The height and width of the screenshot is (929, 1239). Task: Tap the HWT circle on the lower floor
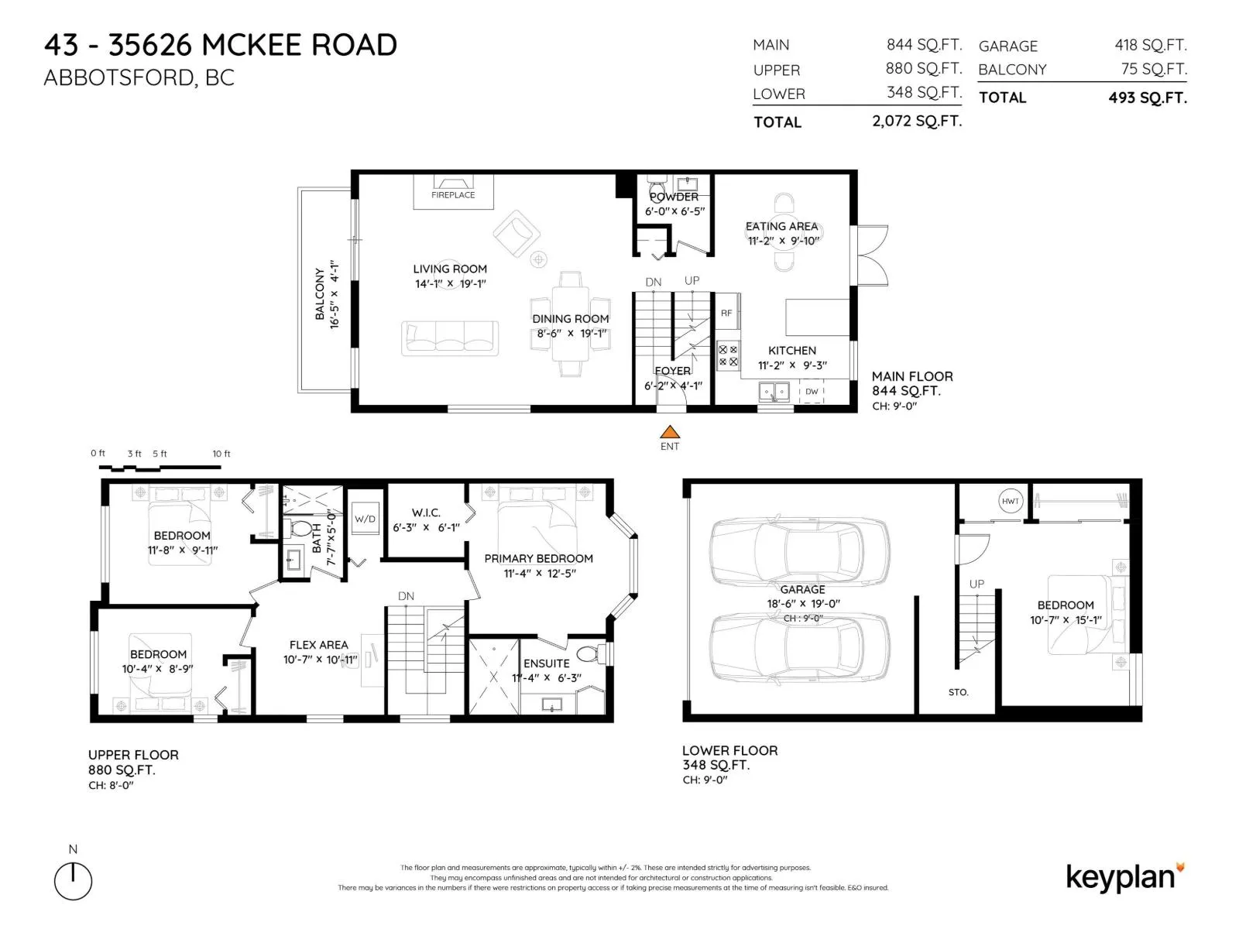(x=1010, y=501)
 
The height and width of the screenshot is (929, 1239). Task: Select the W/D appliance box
(x=365, y=519)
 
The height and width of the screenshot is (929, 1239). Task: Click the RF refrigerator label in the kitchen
(x=726, y=313)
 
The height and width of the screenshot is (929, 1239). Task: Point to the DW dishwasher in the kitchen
(x=811, y=391)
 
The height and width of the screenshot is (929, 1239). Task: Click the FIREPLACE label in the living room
(x=453, y=195)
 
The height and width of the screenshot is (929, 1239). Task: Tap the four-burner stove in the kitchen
(x=728, y=356)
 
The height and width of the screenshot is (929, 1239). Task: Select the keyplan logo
(x=1124, y=878)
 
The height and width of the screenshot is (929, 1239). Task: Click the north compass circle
(x=73, y=881)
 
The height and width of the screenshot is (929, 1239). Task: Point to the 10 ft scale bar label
(x=221, y=454)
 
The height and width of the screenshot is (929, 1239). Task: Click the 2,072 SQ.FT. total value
(x=917, y=122)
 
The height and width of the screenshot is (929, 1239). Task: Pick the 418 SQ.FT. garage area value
(x=1151, y=45)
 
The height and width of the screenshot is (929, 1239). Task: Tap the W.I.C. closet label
(x=426, y=512)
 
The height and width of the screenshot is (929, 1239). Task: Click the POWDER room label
(x=674, y=197)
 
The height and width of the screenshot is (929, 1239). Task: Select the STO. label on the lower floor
(x=958, y=692)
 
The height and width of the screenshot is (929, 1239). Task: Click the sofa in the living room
(x=449, y=338)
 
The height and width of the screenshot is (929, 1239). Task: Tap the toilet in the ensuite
(x=591, y=654)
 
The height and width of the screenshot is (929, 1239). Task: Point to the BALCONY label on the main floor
(x=320, y=294)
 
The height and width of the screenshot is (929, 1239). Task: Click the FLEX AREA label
(x=318, y=645)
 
